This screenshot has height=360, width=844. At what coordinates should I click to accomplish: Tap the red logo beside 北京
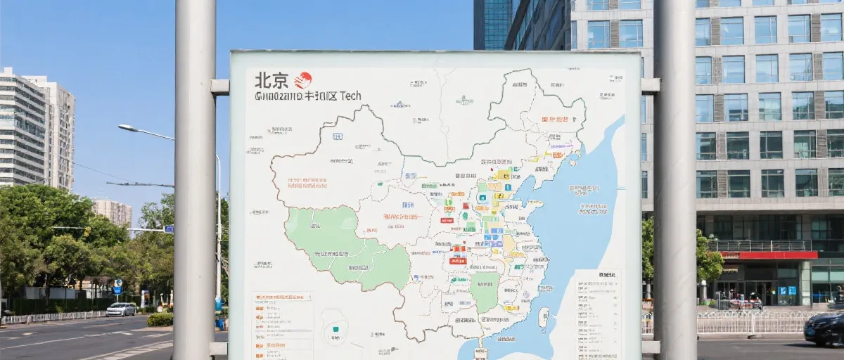coord(303,80)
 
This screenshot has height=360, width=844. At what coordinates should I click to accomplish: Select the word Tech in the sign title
coord(350,96)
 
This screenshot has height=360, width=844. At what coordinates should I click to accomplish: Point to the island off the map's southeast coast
coord(543,318)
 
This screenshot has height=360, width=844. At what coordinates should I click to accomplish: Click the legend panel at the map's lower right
coord(597,313)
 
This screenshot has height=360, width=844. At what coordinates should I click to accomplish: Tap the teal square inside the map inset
coord(334,330)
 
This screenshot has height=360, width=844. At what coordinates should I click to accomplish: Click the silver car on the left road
coord(121,309)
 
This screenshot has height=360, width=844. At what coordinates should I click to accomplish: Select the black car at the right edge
coord(824,328)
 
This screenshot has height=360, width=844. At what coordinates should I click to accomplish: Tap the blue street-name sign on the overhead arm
coord(169,229)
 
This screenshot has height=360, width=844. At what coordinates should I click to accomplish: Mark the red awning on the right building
coord(769,255)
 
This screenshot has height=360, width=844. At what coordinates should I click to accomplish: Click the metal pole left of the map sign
coord(195,180)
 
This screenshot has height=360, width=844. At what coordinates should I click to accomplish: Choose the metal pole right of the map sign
coord(674,180)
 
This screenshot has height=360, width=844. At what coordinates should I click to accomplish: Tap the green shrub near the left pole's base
coord(160,319)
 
